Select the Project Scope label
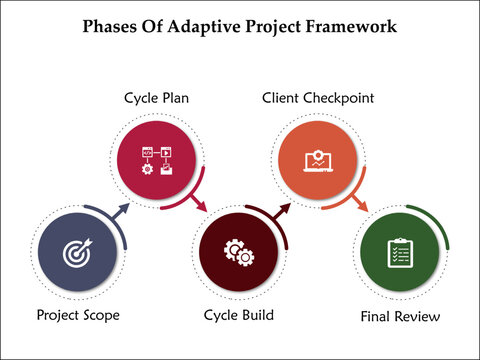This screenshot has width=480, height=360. coord(77,315)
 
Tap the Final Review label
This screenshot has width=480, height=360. coord(399,317)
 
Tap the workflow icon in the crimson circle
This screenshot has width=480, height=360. coord(157,160)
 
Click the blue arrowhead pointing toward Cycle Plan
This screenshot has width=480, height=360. coord(125,210)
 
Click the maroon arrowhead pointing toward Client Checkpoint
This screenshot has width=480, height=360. coord(286,209)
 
